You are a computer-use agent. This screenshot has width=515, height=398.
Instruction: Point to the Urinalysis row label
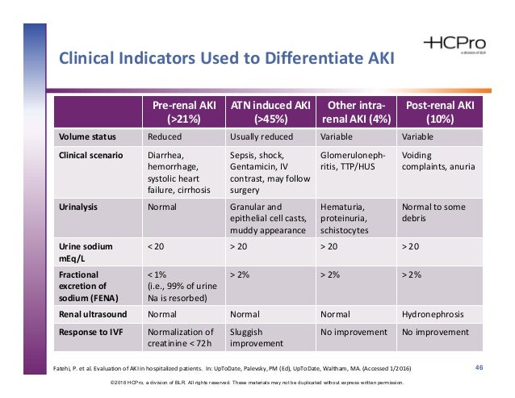coord(79,206)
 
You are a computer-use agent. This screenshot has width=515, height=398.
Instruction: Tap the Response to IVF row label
coord(90,330)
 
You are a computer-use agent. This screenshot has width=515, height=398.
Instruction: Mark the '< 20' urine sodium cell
coord(157,245)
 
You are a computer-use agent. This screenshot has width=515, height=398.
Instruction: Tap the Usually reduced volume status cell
coord(262,136)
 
